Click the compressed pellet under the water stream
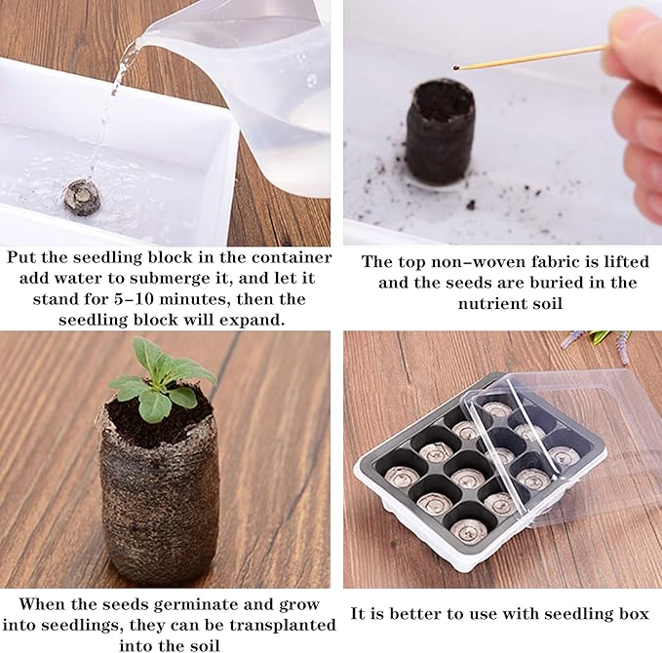[x=82, y=198]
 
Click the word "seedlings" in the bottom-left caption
[x=89, y=625]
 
